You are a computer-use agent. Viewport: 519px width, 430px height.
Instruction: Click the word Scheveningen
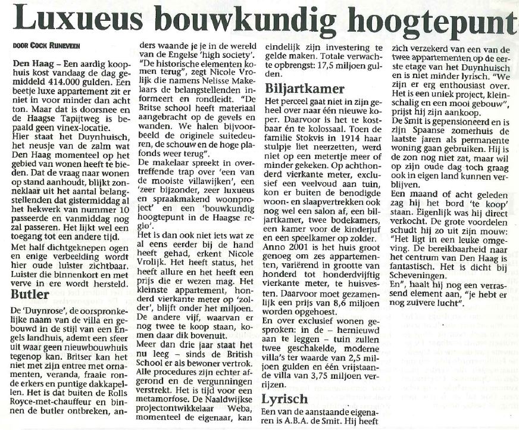coord(426,276)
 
